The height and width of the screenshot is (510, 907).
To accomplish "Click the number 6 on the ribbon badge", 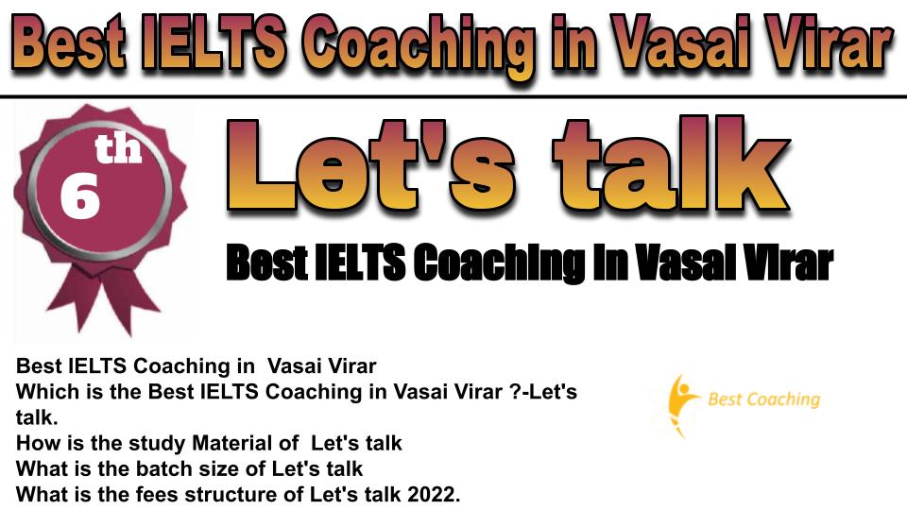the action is coord(79,196).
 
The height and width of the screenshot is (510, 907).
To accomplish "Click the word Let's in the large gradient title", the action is coord(370,165).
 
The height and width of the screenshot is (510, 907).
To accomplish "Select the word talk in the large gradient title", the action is coord(671,163).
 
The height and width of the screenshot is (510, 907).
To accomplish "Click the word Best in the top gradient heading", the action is coord(68,42).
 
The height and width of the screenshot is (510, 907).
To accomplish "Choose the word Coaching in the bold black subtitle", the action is coord(500,263).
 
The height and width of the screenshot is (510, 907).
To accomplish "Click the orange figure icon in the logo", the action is coord(678,403).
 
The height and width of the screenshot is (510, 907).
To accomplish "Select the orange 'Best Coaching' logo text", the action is coord(764,399).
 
